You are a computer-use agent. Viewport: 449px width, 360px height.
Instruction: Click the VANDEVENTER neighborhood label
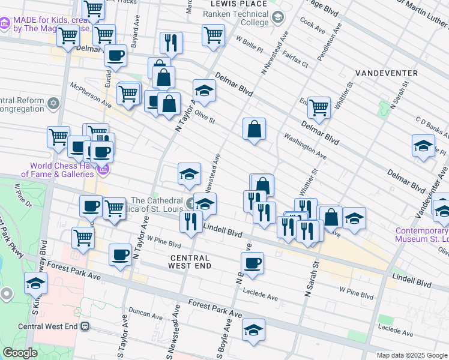tap(386, 73)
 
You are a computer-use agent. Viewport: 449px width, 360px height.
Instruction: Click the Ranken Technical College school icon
tap(277, 16)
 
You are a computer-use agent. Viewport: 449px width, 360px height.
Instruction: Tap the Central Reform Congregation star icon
tap(53, 104)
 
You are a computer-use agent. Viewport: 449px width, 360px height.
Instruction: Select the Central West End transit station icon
tap(85, 326)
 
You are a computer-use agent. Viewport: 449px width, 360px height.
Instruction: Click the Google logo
tap(20, 353)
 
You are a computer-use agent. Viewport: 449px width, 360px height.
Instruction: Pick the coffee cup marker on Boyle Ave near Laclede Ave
tap(252, 263)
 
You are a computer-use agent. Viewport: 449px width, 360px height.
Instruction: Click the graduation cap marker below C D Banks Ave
tap(423, 146)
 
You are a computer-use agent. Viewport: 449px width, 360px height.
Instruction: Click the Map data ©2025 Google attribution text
tap(412, 355)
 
